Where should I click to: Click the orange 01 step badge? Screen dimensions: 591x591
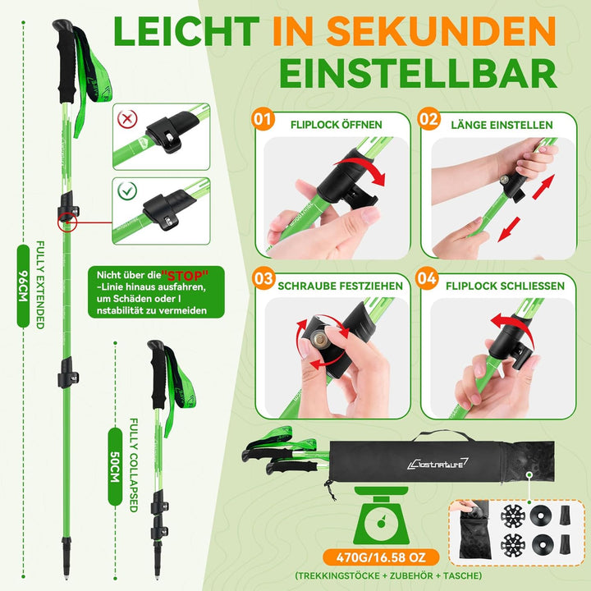pos(263,119)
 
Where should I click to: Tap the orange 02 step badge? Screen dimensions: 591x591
pos(429,119)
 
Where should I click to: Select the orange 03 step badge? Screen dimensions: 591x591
pos(263,278)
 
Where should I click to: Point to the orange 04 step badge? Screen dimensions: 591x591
pos(427,278)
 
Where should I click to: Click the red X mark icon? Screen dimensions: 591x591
pos(127,119)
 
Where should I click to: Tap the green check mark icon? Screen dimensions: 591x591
pos(127,190)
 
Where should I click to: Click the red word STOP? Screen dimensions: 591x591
pos(185,276)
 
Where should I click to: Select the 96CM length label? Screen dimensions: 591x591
pos(23,286)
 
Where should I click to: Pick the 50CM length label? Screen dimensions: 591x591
pos(115,466)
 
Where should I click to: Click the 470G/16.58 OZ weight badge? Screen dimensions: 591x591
pos(381,557)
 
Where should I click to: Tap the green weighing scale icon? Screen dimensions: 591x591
pos(381,515)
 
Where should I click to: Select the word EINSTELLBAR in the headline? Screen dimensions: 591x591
pos(418,73)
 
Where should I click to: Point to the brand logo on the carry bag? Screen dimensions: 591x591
pos(438,464)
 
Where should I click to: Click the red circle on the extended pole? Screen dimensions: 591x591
pos(67,222)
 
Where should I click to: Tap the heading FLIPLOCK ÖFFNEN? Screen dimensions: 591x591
pos(337,125)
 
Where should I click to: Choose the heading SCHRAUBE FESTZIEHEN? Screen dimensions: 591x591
pos(341,286)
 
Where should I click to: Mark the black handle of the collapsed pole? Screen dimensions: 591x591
pos(158,374)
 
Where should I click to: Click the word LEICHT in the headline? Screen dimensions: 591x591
pos(186,31)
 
